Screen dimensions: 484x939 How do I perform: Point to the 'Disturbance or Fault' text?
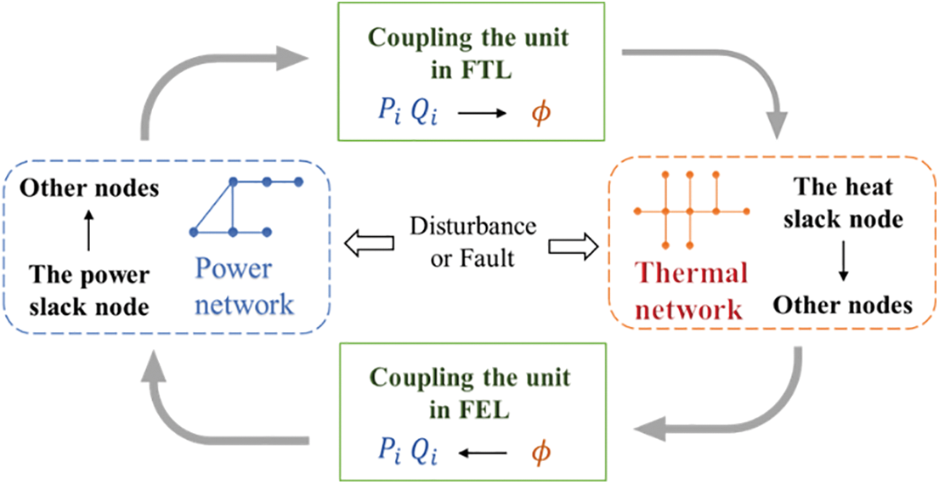[x=472, y=242]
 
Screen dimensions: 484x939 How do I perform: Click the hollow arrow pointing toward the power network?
[x=370, y=245]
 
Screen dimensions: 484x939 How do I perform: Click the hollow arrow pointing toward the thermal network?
[x=574, y=245]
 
